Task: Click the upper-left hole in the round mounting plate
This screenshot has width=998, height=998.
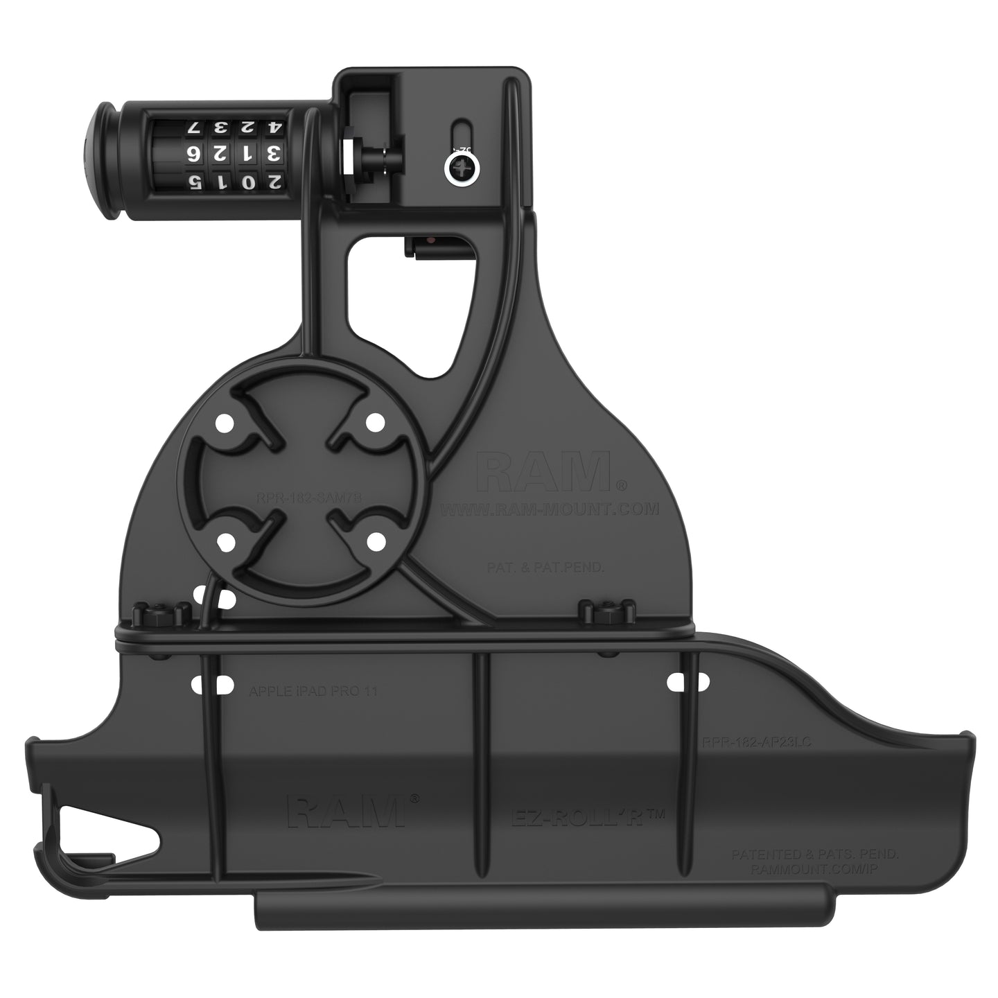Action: point(224,421)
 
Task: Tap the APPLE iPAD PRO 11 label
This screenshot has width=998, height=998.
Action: point(313,690)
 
